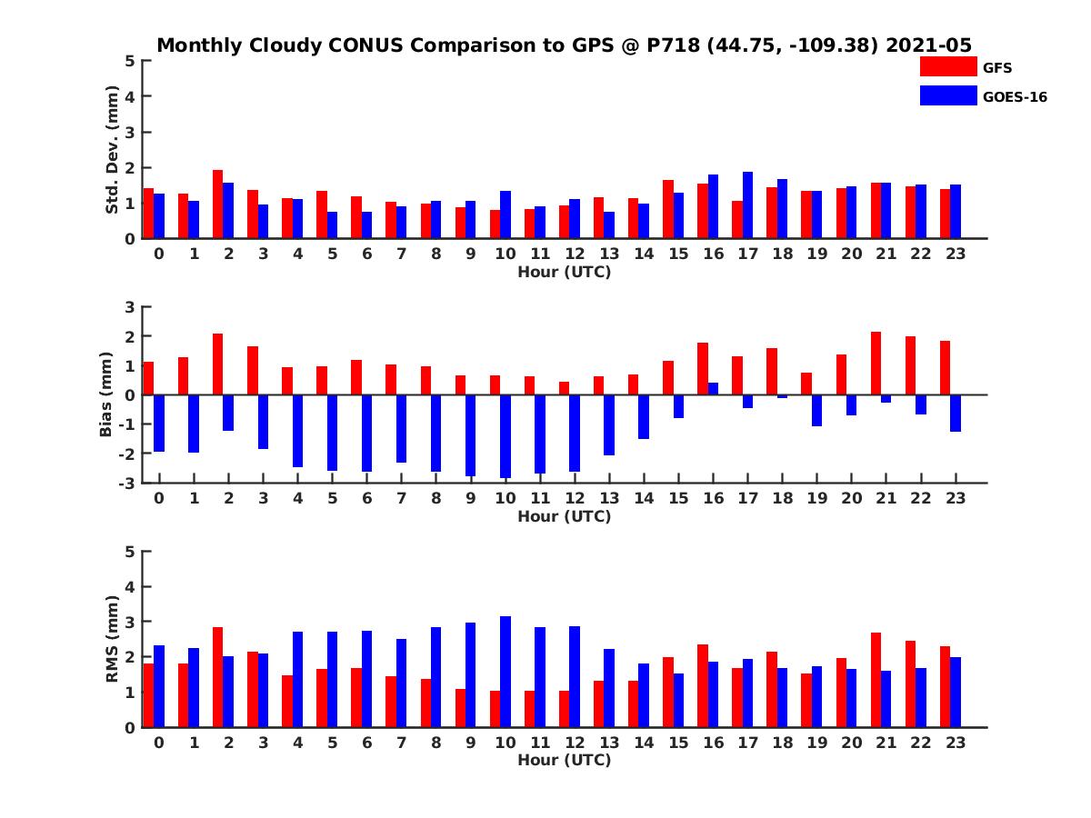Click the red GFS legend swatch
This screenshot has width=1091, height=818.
948,66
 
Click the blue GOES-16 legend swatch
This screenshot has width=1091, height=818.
948,95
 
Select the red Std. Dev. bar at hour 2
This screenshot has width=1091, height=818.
218,204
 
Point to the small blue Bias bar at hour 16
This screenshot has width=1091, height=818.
713,389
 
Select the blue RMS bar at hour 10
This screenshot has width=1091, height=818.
505,672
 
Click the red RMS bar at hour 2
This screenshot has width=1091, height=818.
218,677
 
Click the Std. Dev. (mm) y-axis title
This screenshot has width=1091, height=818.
113,150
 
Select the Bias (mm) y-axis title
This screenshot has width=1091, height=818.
105,395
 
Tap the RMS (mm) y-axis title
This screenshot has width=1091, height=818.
113,640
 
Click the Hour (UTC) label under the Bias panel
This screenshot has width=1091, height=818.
564,516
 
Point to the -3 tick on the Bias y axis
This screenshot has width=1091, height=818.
127,483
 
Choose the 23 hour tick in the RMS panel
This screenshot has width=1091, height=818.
955,742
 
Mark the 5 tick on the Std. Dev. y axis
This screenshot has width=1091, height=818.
131,61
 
